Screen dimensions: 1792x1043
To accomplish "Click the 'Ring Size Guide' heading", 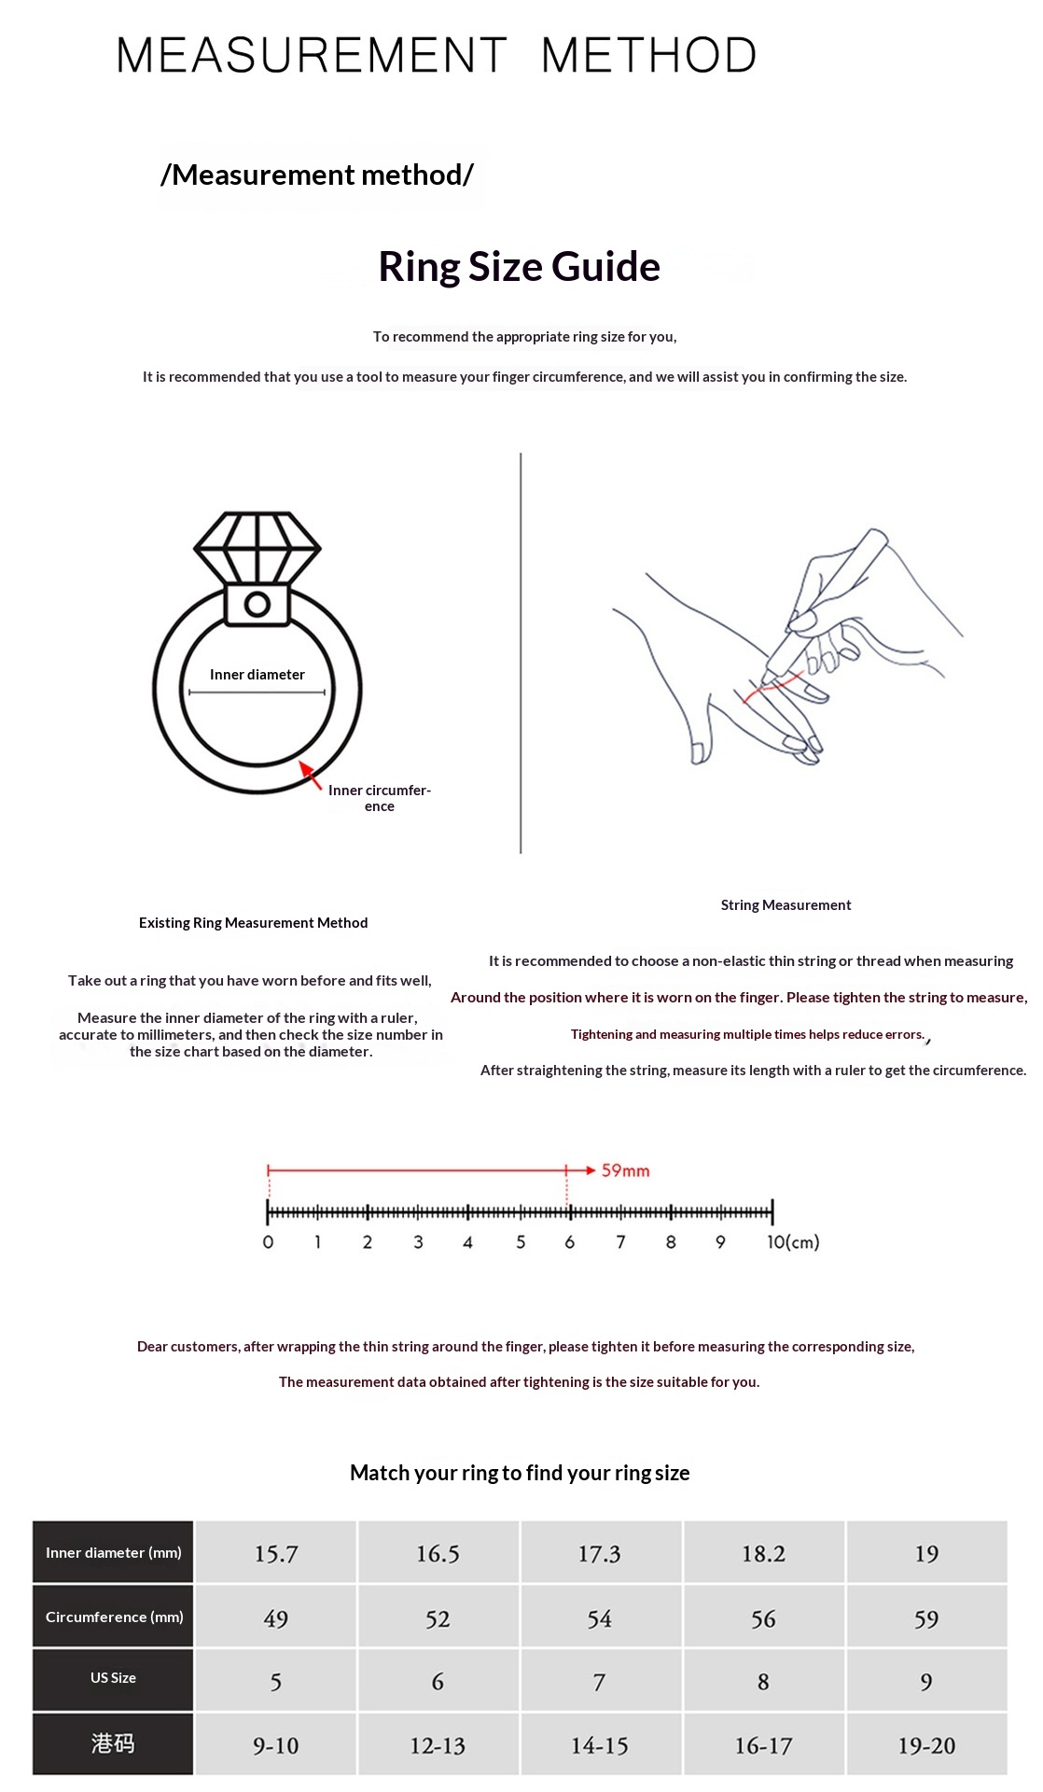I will tap(519, 267).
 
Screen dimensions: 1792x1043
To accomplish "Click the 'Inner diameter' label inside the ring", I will tap(257, 675).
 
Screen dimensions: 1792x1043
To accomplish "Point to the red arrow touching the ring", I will tap(310, 775).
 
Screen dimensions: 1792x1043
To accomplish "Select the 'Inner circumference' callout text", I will tap(380, 798).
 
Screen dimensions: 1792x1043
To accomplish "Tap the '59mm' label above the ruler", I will tap(625, 1170).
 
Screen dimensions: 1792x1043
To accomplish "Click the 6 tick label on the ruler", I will tap(569, 1242).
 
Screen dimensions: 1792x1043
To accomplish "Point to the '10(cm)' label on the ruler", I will tap(793, 1242).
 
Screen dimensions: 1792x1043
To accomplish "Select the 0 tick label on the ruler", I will tap(268, 1242).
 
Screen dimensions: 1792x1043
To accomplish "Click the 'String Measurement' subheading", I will tap(786, 905).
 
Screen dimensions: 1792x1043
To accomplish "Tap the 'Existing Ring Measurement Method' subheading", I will tap(253, 923).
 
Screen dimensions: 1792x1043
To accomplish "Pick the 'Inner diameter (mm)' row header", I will tap(113, 1553).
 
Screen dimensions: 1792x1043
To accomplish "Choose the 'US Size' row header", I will tap(113, 1678).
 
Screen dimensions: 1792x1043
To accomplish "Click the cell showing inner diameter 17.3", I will tap(600, 1554).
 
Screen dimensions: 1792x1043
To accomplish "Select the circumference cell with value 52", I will tap(438, 1619).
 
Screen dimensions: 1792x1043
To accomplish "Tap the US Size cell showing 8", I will tap(763, 1682).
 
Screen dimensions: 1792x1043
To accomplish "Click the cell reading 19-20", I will tap(926, 1745).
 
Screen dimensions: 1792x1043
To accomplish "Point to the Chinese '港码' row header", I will tap(113, 1743).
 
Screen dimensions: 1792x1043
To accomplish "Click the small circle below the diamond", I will tap(257, 605).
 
